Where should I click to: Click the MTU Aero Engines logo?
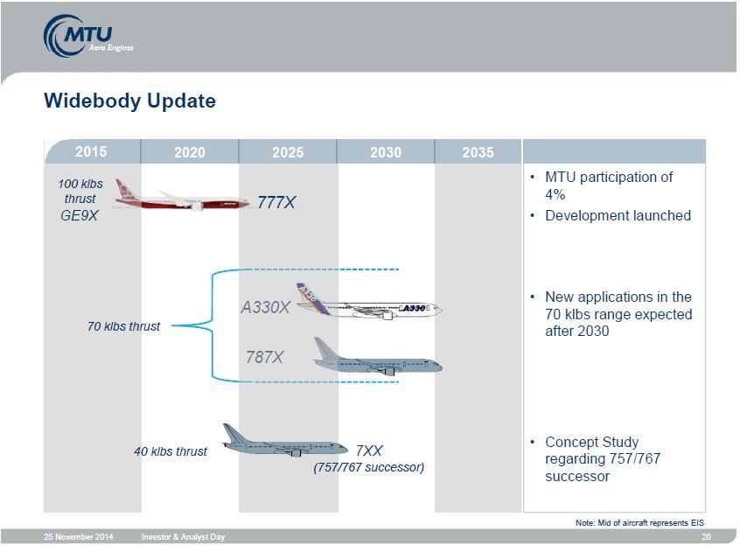tap(88, 36)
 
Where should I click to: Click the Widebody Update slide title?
tap(129, 101)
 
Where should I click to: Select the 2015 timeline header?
tap(91, 151)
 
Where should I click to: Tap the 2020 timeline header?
tap(190, 152)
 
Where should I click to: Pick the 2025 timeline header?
tap(288, 152)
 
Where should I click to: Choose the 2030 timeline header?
tap(386, 152)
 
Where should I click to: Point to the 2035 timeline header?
tap(478, 152)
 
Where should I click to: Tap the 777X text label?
tap(276, 202)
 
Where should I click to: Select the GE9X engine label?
tap(80, 216)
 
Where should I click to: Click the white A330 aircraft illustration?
tap(369, 302)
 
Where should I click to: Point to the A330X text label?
tap(265, 308)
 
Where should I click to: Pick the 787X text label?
tap(264, 357)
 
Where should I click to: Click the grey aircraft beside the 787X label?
tap(378, 357)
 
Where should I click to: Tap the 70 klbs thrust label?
tap(123, 326)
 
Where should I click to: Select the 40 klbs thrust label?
tap(171, 451)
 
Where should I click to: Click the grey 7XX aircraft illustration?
tap(284, 441)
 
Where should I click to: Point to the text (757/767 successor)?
tap(368, 467)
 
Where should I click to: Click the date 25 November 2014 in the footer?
tap(79, 536)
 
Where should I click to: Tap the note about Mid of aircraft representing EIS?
tap(639, 523)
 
